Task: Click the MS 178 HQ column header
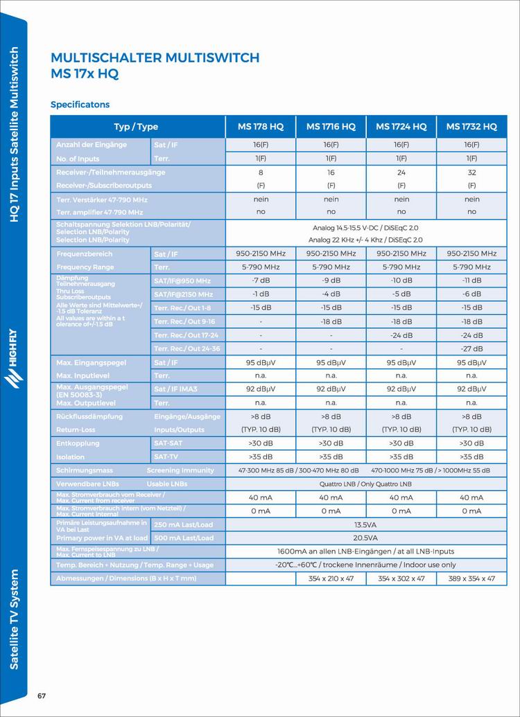point(261,127)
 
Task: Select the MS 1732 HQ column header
point(471,127)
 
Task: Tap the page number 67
point(42,696)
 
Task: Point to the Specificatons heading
point(80,105)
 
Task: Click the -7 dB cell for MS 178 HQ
point(261,281)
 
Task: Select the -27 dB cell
point(471,348)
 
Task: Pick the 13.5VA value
point(365,524)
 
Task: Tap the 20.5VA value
point(365,538)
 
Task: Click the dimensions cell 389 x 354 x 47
point(471,578)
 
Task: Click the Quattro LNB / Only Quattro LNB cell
point(365,484)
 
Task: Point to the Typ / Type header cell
point(136,127)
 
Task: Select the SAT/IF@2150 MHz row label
point(183,294)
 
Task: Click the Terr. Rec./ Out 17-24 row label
point(186,335)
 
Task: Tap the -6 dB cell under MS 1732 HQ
point(471,294)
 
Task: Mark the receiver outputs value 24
point(401,172)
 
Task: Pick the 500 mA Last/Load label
point(184,538)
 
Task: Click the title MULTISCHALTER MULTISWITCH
point(155,57)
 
